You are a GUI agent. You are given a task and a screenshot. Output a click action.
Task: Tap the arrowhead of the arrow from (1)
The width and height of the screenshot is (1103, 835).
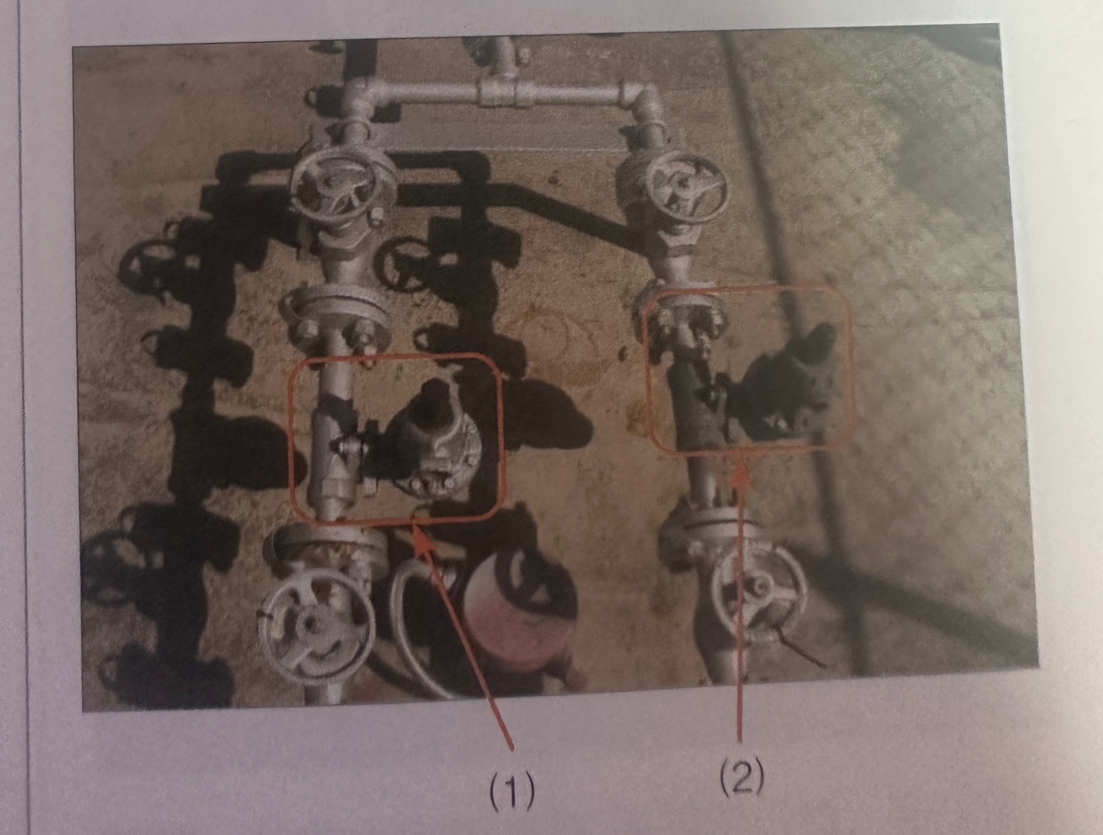coord(424,541)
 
